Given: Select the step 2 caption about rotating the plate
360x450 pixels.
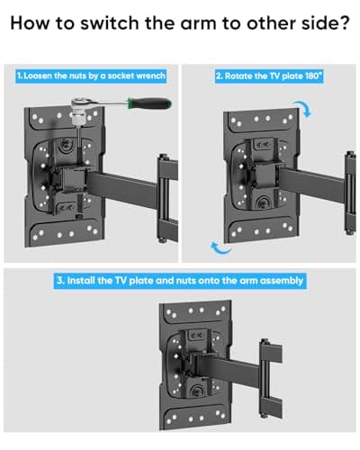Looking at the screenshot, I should coord(267,76).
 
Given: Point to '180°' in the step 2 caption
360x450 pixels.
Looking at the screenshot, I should coord(311,76).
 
